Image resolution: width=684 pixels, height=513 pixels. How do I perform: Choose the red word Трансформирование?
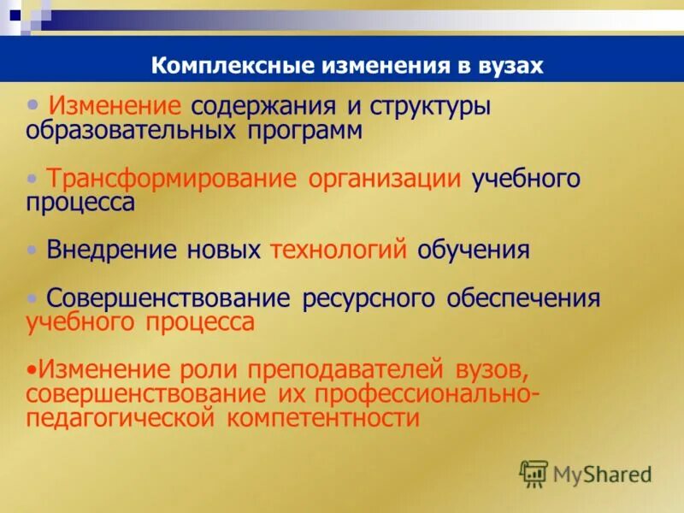pos(171,179)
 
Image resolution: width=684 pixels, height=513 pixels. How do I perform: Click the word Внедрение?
pos(112,250)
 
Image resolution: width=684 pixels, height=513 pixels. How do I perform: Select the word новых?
pos(222,250)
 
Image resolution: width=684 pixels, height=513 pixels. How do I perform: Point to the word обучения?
pos(474,250)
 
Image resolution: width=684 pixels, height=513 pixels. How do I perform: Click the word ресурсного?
pos(369,298)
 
